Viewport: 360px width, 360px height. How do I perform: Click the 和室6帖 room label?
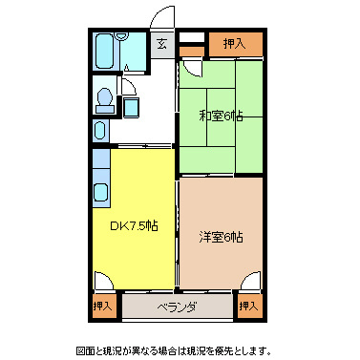coord(221,116)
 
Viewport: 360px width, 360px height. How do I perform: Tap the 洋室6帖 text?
coord(221,236)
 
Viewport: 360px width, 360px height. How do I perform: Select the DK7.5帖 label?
coord(135,226)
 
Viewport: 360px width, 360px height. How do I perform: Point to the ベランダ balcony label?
coord(177,307)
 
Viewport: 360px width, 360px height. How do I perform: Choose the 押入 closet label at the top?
coord(233,43)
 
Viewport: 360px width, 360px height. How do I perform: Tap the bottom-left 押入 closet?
coord(103,306)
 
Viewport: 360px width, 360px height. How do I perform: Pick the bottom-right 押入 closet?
coord(249,306)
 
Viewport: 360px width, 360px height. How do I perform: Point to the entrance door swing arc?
coord(162,17)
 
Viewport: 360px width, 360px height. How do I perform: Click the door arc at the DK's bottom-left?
coord(102,282)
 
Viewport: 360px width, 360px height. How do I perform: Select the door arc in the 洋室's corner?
coord(250,282)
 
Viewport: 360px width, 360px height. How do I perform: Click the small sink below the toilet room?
coord(100,129)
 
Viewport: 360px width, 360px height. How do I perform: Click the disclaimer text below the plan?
coord(180,349)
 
